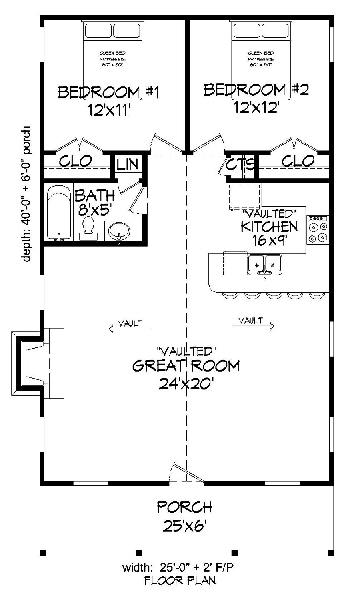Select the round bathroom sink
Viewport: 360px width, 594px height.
point(119,231)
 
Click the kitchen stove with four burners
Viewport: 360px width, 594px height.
point(317,230)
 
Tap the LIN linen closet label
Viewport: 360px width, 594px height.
point(128,165)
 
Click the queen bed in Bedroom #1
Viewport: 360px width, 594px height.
point(113,60)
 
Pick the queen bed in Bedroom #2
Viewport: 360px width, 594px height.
point(261,60)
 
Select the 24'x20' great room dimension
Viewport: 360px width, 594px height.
point(186,384)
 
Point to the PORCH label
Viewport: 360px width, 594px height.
point(184,507)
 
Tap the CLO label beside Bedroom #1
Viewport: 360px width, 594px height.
point(76,161)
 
